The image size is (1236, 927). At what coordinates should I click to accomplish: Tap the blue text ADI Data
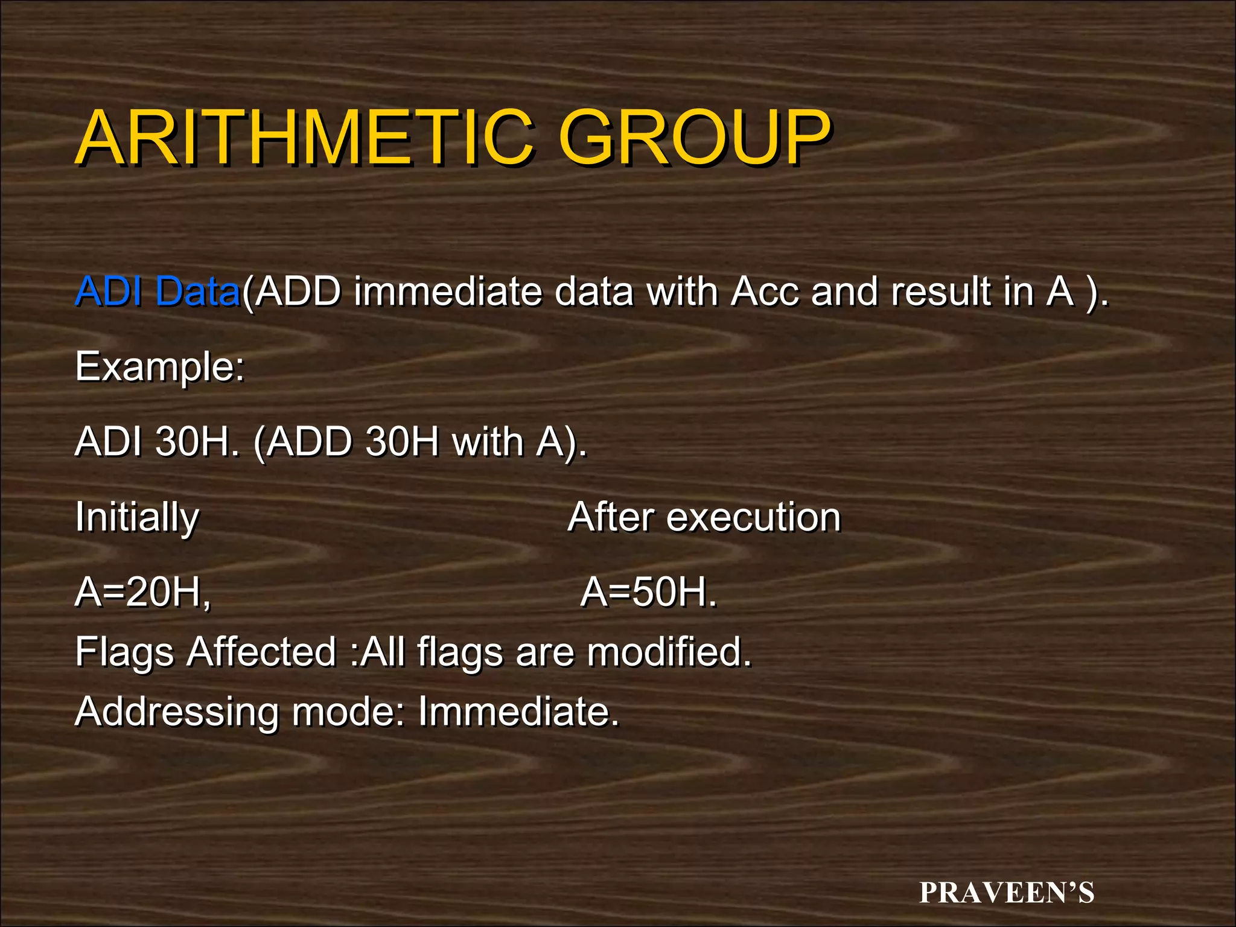pyautogui.click(x=157, y=291)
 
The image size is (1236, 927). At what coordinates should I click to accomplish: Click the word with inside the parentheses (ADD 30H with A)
pyautogui.click(x=488, y=442)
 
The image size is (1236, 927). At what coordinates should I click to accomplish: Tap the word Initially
pyautogui.click(x=137, y=518)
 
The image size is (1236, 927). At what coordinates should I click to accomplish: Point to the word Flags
pyautogui.click(x=124, y=653)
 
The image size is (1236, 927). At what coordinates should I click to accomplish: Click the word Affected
pyautogui.click(x=261, y=652)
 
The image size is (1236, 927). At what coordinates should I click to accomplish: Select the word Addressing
pyautogui.click(x=177, y=712)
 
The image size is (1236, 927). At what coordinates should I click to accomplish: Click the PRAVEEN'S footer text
pyautogui.click(x=1006, y=893)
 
